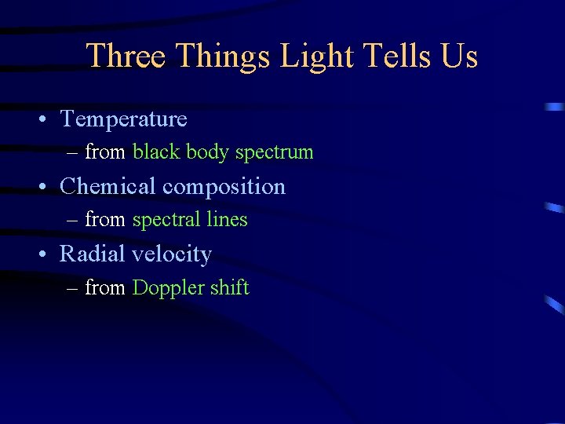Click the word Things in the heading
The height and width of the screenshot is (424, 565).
(x=223, y=57)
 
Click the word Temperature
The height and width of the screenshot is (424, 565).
(x=123, y=119)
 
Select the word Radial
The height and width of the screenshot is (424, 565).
(x=93, y=254)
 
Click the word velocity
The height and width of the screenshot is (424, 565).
(x=172, y=255)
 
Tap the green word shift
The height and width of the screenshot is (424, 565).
(x=229, y=287)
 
